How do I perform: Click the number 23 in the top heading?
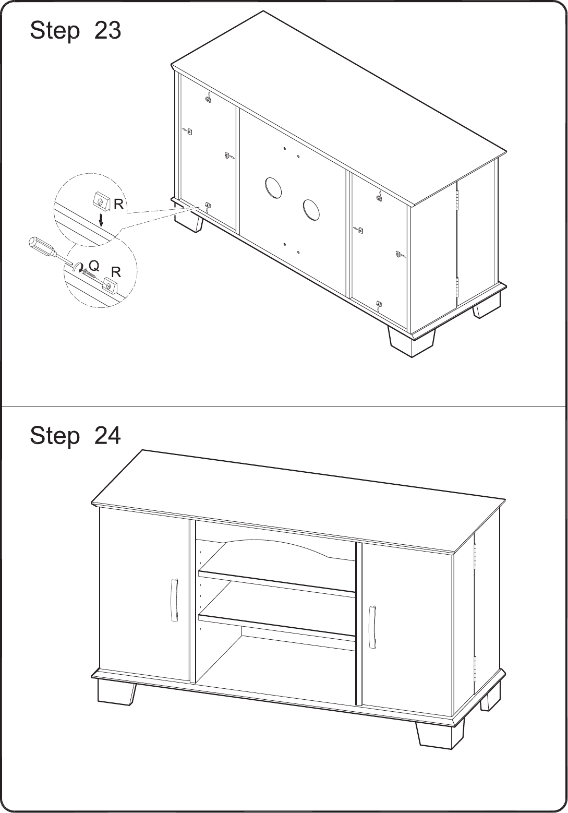coord(107,30)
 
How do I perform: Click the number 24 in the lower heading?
coord(107,436)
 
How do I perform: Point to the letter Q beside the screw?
coord(93,266)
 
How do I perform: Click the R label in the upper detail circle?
coord(118,205)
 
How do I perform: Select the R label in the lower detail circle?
coord(116,272)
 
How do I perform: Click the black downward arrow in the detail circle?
coord(102,220)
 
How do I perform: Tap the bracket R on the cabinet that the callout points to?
coord(208,205)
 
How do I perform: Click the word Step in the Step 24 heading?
coord(54,436)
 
